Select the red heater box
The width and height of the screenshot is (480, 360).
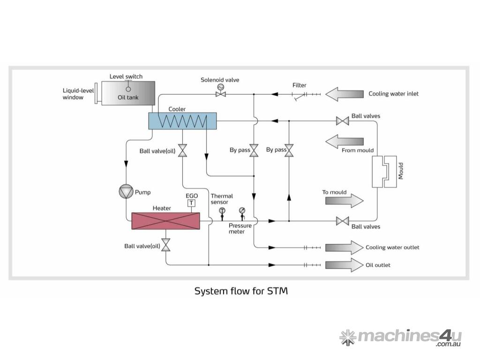point(165,221)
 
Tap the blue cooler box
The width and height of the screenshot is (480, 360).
point(182,121)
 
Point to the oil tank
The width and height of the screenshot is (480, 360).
point(128,93)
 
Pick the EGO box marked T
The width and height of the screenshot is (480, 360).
point(191,203)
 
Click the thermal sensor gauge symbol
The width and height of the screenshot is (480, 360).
point(222,212)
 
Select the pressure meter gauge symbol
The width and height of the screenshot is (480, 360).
point(242,212)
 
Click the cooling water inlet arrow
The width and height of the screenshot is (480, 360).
point(345,94)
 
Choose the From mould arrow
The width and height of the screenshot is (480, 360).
point(345,141)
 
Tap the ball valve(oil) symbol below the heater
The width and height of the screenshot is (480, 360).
point(165,246)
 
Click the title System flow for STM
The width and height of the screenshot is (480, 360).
point(241,291)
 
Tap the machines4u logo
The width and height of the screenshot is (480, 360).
point(400,337)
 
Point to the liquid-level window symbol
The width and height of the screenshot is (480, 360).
point(96,94)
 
